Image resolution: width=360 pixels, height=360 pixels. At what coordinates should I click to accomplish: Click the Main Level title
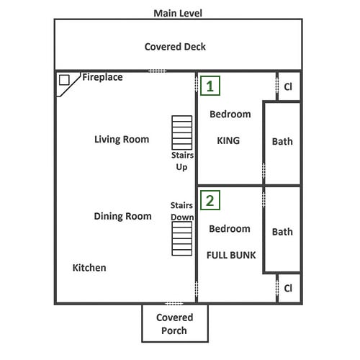click(x=178, y=13)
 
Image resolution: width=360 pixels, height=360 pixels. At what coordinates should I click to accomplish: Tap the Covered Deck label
click(x=175, y=47)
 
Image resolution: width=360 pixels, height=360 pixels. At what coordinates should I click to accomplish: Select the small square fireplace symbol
click(x=64, y=80)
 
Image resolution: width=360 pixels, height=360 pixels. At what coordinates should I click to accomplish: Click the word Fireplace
click(x=102, y=77)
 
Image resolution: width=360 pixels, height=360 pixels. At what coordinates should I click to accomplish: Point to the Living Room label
click(x=122, y=140)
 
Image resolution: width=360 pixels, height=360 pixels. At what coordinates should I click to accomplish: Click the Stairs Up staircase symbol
click(x=182, y=132)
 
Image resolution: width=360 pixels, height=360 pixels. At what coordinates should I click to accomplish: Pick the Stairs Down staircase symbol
click(x=182, y=238)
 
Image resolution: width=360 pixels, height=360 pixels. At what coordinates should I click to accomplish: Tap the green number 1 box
click(x=210, y=86)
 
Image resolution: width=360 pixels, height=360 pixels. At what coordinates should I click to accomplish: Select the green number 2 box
click(x=210, y=200)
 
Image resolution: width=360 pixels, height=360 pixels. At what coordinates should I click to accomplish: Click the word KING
click(x=228, y=140)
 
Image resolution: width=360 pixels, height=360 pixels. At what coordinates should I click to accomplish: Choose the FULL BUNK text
click(x=231, y=255)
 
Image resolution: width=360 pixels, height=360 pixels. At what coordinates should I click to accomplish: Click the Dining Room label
click(x=122, y=216)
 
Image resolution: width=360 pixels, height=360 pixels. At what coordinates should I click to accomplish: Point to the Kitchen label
click(x=89, y=268)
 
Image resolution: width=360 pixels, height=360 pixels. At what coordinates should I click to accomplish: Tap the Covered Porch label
click(x=174, y=324)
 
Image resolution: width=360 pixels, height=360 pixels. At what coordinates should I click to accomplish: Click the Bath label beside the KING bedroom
click(x=282, y=142)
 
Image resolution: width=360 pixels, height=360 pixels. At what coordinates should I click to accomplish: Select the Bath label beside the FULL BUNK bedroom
click(x=282, y=232)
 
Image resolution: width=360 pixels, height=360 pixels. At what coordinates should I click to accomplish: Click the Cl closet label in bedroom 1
click(x=288, y=86)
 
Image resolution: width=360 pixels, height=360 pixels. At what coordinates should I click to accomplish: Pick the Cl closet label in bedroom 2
click(x=288, y=288)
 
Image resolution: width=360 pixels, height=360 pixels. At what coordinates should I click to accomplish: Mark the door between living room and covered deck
click(x=157, y=71)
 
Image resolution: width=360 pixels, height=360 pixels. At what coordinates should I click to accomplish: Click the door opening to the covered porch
click(x=174, y=304)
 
